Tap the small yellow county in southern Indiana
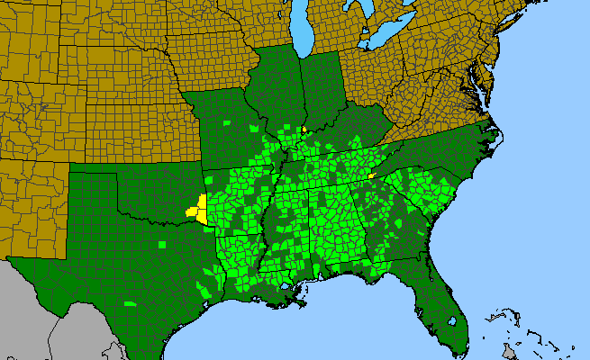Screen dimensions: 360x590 [304, 130]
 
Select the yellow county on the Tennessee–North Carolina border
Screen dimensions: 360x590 [371, 177]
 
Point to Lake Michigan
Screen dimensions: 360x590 [303, 27]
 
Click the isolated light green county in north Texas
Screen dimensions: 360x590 [161, 244]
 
